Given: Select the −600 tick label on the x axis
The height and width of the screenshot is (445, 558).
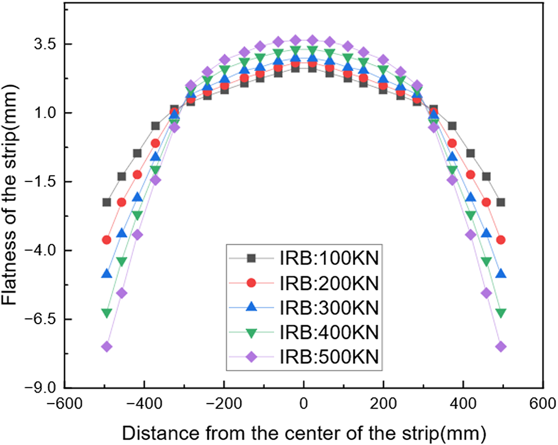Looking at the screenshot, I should click(x=64, y=405).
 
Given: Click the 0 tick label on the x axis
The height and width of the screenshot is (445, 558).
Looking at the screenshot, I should click(x=303, y=405).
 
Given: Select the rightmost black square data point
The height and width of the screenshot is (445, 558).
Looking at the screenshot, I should click(x=500, y=202).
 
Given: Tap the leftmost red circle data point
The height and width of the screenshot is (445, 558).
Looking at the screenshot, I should click(x=107, y=239).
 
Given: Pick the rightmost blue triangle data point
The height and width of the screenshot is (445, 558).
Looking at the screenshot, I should click(x=500, y=274).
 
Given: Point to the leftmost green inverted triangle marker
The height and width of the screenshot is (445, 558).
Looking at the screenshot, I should click(x=107, y=313).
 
